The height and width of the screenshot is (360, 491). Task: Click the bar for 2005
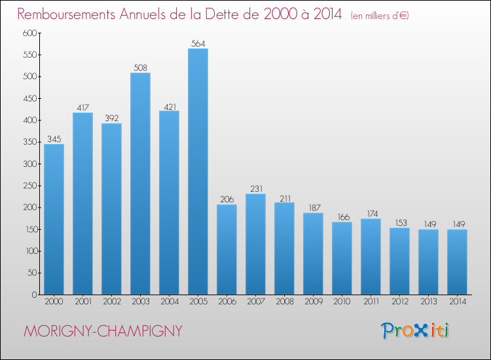[x=198, y=171]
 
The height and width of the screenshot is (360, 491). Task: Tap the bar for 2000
[x=54, y=219]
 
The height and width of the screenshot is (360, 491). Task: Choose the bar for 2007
[x=255, y=244]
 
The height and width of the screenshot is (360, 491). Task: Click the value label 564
[x=198, y=43]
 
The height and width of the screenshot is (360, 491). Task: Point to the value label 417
[x=82, y=107]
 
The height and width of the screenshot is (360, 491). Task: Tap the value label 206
[x=227, y=199]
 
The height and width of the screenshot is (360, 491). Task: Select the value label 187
[x=313, y=207]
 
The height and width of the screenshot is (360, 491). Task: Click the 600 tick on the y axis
[x=28, y=33]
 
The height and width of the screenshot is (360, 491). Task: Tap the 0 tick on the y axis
[x=33, y=295]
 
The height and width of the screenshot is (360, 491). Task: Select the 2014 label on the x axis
[x=457, y=302]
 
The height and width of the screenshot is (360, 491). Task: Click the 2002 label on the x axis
[x=111, y=302]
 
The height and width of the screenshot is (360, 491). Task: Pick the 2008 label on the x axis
[x=284, y=302]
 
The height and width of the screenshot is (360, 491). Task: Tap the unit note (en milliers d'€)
[x=380, y=15]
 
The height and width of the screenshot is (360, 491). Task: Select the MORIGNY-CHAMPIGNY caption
[x=103, y=331]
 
